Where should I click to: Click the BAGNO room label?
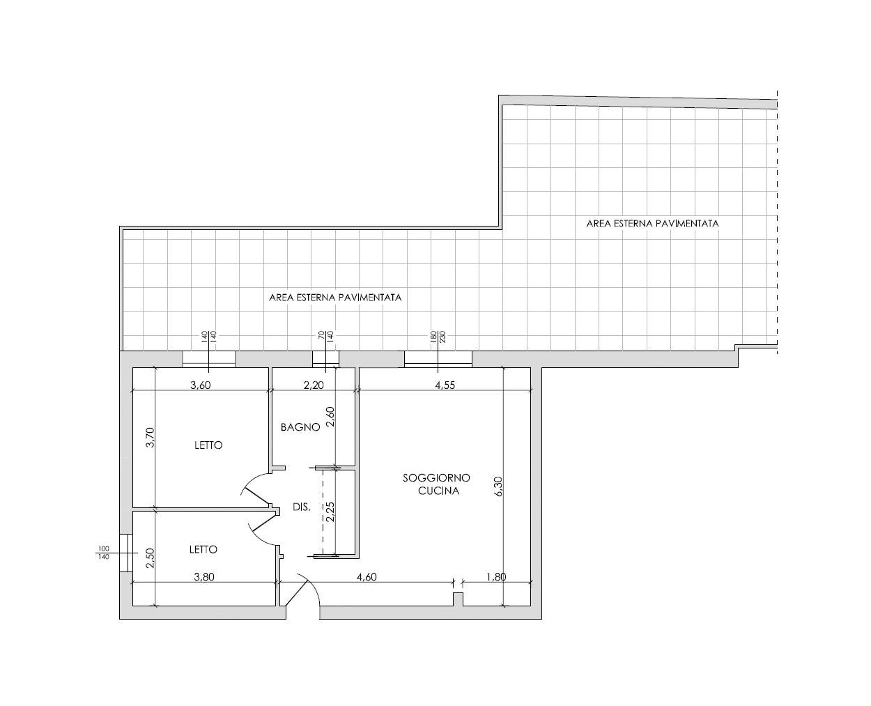300,427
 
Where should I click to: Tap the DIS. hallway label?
302,507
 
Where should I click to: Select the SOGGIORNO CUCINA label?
437,484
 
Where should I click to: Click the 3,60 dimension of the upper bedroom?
201,385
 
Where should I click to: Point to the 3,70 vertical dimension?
151,437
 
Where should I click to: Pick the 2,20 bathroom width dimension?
314,385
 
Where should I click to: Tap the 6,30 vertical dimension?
498,486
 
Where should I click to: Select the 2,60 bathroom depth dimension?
330,416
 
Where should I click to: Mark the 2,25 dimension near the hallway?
330,512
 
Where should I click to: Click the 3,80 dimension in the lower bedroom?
204,577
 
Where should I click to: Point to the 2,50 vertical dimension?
151,558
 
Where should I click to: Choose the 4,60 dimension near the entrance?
367,577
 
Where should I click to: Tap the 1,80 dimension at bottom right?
496,577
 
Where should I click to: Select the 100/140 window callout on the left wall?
104,552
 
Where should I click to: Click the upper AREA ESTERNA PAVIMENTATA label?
652,224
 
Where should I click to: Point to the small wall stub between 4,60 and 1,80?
458,599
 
